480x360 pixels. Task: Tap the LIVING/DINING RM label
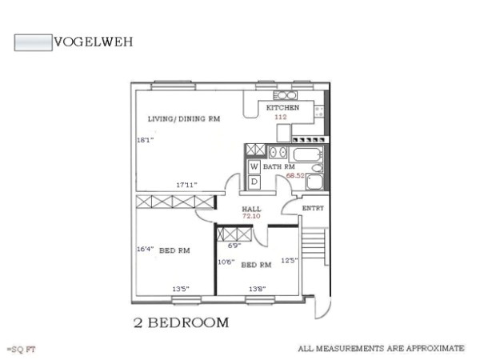[183, 119]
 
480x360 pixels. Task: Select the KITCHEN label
[282, 108]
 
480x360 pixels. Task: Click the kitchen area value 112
[281, 117]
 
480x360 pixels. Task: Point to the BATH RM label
[279, 166]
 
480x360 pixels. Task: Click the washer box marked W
[254, 166]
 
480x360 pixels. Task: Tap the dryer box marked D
[254, 182]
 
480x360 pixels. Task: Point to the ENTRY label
[312, 208]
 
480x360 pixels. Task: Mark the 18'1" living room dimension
[145, 140]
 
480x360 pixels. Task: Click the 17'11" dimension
[186, 186]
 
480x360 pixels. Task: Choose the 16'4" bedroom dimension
[145, 249]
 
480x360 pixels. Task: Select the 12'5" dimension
[290, 260]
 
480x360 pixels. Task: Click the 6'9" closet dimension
[234, 246]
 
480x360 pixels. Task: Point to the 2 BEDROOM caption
[181, 323]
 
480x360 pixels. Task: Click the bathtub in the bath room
[305, 154]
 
